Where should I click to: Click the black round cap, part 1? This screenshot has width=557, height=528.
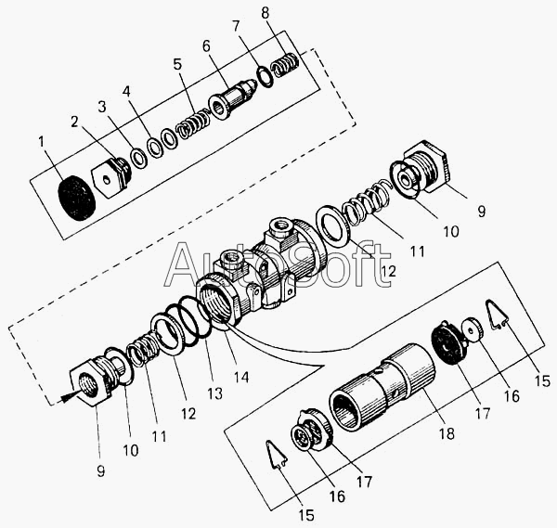[77, 198]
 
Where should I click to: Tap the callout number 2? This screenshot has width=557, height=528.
[74, 122]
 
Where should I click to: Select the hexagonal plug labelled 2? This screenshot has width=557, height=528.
[111, 176]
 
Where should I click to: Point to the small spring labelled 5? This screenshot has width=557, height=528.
[194, 123]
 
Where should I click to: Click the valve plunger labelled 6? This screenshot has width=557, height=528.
[233, 100]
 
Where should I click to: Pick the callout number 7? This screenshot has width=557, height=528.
[236, 26]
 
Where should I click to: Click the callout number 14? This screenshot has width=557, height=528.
[241, 377]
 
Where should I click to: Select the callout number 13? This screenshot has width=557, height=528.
[215, 393]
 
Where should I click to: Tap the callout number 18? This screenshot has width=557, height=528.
[447, 433]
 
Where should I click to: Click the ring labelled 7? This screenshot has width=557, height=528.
[265, 76]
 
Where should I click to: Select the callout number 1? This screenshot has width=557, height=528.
[42, 142]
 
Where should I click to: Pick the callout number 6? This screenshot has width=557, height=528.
[206, 46]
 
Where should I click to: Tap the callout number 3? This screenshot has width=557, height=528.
[102, 107]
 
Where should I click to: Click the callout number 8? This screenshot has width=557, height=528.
[265, 13]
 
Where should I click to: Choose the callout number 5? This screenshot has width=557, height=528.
[177, 64]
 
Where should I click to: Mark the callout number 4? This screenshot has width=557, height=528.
[126, 91]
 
